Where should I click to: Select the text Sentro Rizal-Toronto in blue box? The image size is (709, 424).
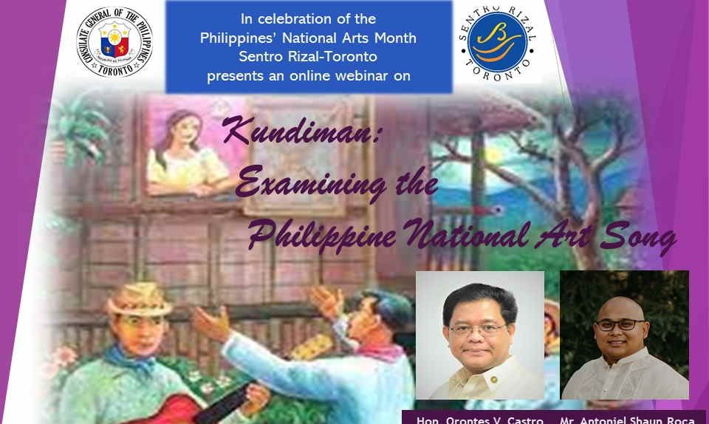pyautogui.click(x=309, y=57)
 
